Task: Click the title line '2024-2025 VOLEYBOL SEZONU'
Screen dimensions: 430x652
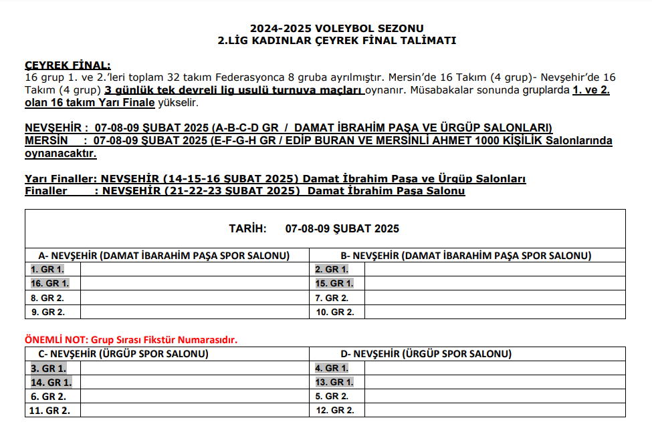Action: (336, 28)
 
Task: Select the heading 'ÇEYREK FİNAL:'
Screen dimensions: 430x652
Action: (68, 65)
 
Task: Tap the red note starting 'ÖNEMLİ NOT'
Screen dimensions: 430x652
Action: (131, 340)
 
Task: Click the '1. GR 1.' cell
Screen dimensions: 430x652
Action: (48, 270)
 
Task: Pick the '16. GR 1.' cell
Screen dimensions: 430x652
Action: (50, 284)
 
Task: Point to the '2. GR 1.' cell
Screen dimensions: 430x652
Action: (332, 270)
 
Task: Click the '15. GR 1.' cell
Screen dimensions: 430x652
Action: (334, 284)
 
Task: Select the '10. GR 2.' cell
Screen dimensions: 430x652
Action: (334, 312)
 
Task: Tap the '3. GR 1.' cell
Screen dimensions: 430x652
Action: (48, 368)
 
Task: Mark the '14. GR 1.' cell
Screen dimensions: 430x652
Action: (51, 383)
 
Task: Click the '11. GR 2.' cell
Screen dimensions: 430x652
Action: (51, 411)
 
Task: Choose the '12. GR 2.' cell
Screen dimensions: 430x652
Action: (334, 411)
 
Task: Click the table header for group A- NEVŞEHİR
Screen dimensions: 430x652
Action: (164, 256)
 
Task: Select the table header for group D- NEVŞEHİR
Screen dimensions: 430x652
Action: (426, 354)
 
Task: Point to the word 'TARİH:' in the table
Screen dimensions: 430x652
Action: (247, 229)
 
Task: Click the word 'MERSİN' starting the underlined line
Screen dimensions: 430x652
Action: (46, 141)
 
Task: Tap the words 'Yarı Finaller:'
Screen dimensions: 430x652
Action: (61, 179)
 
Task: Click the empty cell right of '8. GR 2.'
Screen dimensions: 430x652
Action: (194, 298)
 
